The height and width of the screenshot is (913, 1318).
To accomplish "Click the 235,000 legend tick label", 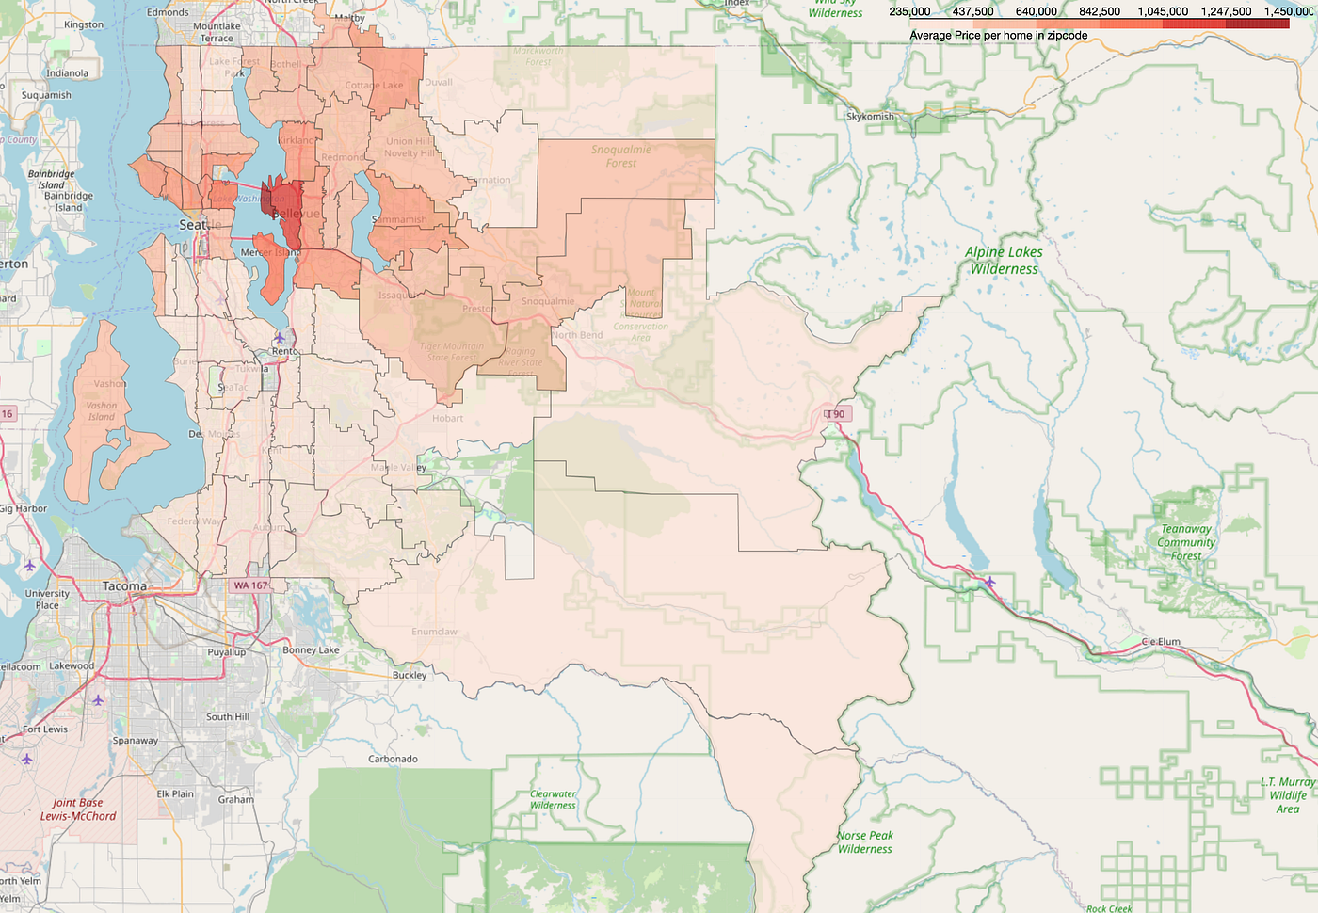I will point(909,11).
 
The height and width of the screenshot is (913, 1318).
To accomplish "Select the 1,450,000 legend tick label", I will point(1289,11).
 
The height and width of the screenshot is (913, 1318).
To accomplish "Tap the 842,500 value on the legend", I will point(1100,11).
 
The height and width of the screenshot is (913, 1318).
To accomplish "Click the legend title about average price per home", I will point(998,35).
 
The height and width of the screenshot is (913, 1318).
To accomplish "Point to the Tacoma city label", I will point(124,586).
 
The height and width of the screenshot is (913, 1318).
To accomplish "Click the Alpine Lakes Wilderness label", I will point(1005,260).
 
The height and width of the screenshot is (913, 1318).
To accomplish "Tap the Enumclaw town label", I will point(434,632).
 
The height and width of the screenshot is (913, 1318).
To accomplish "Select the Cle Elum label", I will point(1161,642).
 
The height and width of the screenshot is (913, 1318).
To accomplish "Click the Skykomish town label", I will point(870,117).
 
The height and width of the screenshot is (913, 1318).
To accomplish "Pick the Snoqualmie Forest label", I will point(620,156).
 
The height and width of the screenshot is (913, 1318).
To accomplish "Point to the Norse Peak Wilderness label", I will point(865,841).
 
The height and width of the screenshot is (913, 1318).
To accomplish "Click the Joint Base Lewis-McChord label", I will point(78,809).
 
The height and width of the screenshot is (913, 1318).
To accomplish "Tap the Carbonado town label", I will point(393,759).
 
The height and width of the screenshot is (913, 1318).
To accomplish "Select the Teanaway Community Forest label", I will point(1186,542).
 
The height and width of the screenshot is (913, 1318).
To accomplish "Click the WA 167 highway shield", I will point(250,585).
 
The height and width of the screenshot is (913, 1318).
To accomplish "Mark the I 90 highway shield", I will point(835,414).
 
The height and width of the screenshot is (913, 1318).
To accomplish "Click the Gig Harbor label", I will point(23,508).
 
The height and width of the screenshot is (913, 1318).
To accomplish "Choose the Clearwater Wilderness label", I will point(553,799).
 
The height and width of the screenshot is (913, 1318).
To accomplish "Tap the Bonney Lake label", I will point(311,650).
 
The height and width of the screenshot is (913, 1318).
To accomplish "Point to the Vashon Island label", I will point(102,411).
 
